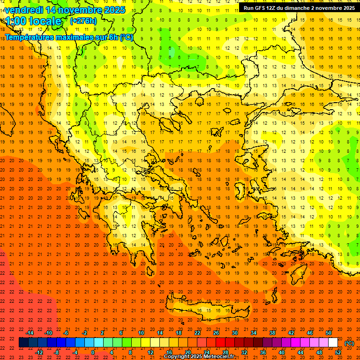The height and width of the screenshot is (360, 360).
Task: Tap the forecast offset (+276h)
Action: [x=83, y=21]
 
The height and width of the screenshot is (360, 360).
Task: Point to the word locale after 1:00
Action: [x=45, y=21]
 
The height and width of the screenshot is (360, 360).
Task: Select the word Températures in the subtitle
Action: [x=30, y=37]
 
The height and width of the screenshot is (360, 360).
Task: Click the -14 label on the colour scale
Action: [x=30, y=333]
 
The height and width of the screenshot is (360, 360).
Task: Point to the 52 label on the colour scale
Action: [x=338, y=352]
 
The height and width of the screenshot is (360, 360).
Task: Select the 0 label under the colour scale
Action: [x=93, y=352]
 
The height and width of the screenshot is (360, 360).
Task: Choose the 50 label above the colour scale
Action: [x=329, y=333]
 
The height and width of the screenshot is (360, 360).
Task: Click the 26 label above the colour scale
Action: [x=216, y=333]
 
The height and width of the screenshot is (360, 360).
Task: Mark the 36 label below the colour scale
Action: [x=263, y=352]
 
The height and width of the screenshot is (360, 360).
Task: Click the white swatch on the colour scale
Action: [x=333, y=343]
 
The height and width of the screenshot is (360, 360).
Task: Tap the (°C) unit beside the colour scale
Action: [x=349, y=343]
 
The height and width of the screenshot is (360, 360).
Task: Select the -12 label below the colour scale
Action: [x=39, y=352]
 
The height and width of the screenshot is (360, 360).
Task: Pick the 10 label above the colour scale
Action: [x=141, y=333]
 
